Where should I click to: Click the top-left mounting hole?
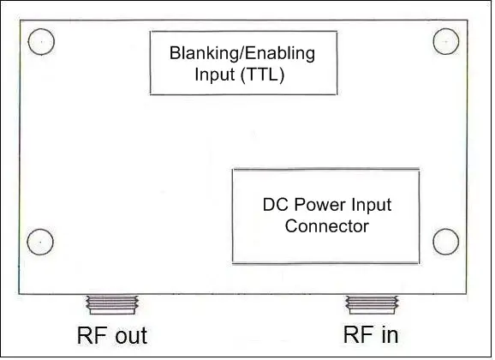click(41, 40)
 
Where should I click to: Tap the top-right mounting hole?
click(446, 40)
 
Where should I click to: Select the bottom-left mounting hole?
click(41, 242)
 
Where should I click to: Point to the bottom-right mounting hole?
click(446, 242)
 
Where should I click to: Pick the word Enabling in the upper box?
click(276, 54)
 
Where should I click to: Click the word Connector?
click(326, 227)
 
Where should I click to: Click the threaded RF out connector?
click(111, 304)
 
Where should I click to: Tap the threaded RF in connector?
click(372, 304)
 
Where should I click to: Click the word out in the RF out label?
click(129, 335)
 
